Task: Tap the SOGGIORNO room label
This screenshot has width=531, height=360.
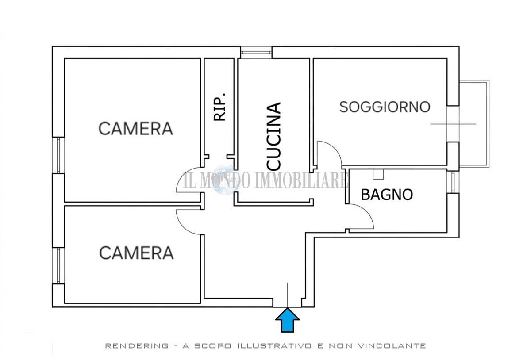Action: pyautogui.click(x=385, y=107)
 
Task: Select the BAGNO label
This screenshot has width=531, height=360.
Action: pyautogui.click(x=387, y=195)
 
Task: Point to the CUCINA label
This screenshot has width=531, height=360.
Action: pyautogui.click(x=273, y=136)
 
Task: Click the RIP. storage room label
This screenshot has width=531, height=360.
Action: pyautogui.click(x=220, y=107)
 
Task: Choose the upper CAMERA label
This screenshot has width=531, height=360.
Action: pyautogui.click(x=135, y=129)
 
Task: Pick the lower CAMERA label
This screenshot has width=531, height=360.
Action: pyautogui.click(x=136, y=253)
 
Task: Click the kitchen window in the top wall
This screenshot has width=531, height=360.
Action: pyautogui.click(x=256, y=52)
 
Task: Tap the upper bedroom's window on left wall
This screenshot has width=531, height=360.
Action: pyautogui.click(x=58, y=155)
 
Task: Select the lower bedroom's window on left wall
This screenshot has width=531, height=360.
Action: pyautogui.click(x=58, y=265)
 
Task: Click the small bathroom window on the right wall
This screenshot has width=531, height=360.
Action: pyautogui.click(x=453, y=182)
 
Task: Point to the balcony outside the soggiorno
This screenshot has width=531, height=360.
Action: pyautogui.click(x=474, y=124)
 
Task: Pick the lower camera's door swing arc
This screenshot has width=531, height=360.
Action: pyautogui.click(x=182, y=226)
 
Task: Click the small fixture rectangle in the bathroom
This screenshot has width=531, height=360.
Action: pyautogui.click(x=378, y=174)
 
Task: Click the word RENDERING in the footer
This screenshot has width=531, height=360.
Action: pyautogui.click(x=137, y=346)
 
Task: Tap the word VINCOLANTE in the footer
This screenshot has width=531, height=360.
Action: pyautogui.click(x=392, y=346)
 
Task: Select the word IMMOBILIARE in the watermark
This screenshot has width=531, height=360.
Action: pyautogui.click(x=301, y=180)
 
